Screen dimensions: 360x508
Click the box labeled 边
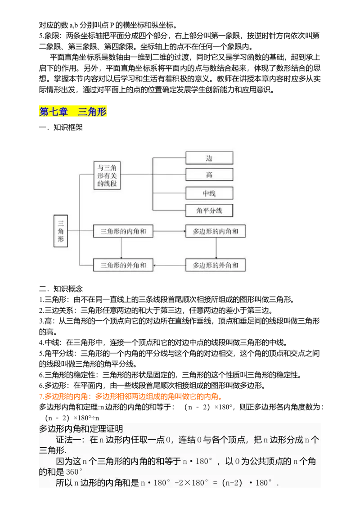point(209,158)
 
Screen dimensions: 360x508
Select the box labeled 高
point(209,175)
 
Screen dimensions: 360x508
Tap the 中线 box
point(209,193)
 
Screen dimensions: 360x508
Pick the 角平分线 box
point(209,210)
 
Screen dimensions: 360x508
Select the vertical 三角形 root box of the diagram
point(61,231)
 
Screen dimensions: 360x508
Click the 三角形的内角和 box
point(123,231)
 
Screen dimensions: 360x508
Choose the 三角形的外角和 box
point(123,265)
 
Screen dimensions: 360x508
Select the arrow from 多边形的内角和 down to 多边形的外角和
point(216,248)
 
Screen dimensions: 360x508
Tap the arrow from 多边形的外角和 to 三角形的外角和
point(169,265)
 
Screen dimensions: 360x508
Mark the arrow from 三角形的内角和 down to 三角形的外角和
point(121,248)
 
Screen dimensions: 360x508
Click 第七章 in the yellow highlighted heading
point(54,112)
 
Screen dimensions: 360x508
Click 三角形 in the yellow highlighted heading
point(92,112)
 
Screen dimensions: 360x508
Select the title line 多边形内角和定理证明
point(81,429)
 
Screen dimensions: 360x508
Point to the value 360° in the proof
point(74,472)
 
